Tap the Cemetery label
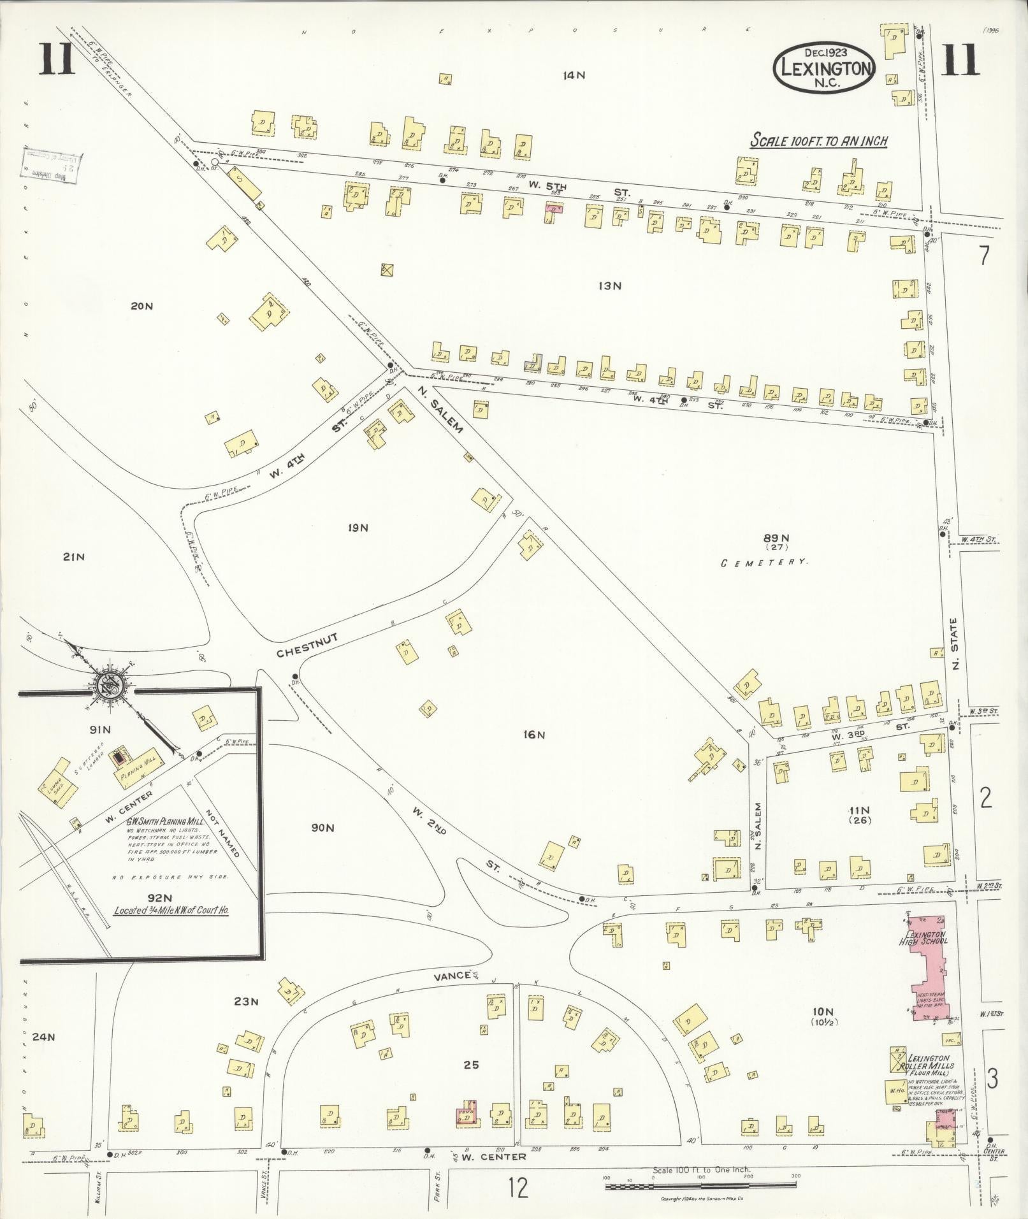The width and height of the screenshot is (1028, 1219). tap(764, 563)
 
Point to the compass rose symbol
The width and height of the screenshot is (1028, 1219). tap(110, 685)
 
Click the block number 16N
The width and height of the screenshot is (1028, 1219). tap(533, 735)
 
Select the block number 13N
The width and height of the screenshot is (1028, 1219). tap(609, 286)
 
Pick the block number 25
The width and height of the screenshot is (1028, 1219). tap(471, 1064)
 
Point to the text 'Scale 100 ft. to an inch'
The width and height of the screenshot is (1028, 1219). tap(818, 141)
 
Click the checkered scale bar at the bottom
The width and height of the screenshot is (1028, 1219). tap(700, 1186)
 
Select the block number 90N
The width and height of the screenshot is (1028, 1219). tap(322, 828)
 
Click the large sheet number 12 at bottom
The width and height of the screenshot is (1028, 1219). tap(519, 1188)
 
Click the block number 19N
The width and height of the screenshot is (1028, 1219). tap(358, 528)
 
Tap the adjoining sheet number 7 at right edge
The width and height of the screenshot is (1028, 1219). tap(985, 256)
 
